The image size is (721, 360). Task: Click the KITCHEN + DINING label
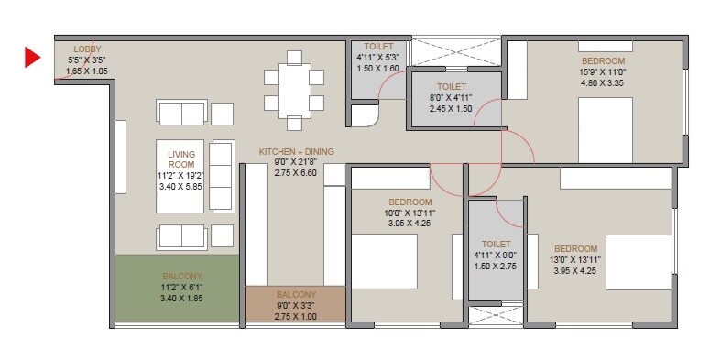coord(296,150)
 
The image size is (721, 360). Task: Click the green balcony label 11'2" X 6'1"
coord(181,287)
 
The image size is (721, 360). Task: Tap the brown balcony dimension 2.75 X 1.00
coord(294,316)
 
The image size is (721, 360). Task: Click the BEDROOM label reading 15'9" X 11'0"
coord(602,59)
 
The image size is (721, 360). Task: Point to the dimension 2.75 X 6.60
coord(296,172)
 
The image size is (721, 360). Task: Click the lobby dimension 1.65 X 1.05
coord(87,70)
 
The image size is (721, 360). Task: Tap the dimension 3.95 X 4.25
coord(575,271)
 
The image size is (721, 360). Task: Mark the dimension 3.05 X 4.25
coord(410,224)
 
